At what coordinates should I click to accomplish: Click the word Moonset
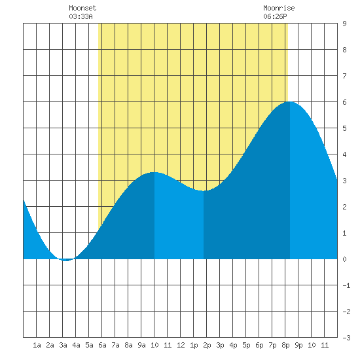click(x=82, y=8)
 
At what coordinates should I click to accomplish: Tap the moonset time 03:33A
click(x=81, y=16)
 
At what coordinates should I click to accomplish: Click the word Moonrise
click(x=279, y=8)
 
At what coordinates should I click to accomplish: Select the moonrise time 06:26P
click(x=275, y=16)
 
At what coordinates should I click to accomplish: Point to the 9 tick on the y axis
click(x=344, y=24)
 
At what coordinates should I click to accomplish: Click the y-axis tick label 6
click(x=344, y=102)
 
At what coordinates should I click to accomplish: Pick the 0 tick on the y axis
click(x=344, y=259)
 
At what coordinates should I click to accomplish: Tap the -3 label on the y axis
click(x=346, y=338)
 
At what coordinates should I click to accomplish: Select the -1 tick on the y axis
click(x=346, y=285)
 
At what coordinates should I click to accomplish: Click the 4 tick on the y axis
click(x=344, y=154)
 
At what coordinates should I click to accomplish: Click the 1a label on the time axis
click(x=37, y=345)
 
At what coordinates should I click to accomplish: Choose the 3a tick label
click(x=63, y=345)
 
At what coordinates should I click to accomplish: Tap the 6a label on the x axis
click(x=102, y=345)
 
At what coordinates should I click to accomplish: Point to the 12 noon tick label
click(x=181, y=345)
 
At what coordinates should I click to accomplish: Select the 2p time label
click(x=207, y=345)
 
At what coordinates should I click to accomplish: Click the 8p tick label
click(x=285, y=345)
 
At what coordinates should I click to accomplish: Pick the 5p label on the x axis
click(x=246, y=345)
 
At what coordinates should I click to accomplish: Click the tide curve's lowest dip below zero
click(x=66, y=261)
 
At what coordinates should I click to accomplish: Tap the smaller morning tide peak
click(x=154, y=172)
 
